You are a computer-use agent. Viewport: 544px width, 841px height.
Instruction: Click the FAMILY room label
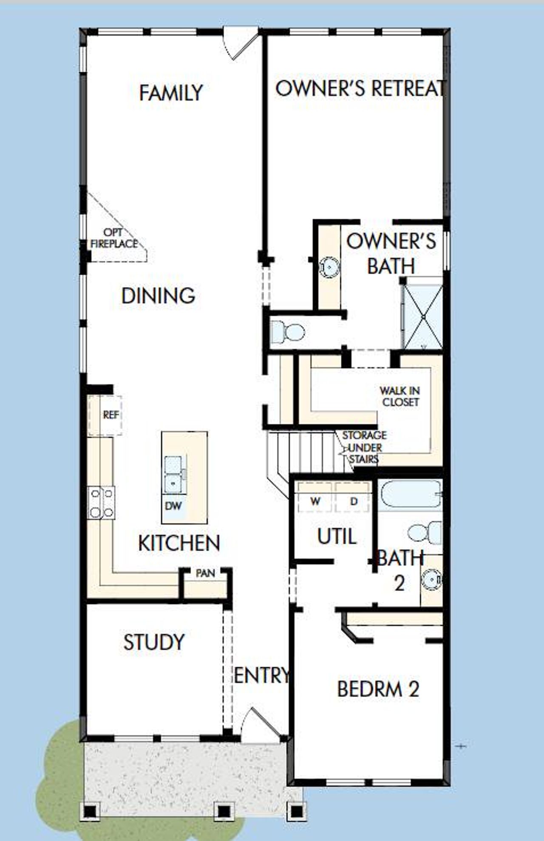(x=171, y=93)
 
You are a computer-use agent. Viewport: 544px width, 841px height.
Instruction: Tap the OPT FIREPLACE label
(x=114, y=238)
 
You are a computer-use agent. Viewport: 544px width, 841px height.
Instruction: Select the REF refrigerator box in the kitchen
(x=110, y=415)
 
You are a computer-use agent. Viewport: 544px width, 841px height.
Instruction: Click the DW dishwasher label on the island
(x=173, y=505)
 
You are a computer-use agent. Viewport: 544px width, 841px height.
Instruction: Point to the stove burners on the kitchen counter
(x=101, y=503)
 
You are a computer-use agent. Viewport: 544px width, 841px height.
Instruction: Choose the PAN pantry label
(x=205, y=573)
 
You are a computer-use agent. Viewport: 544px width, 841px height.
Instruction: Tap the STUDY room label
(x=154, y=642)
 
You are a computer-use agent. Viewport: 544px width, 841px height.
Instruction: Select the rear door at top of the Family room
(x=241, y=42)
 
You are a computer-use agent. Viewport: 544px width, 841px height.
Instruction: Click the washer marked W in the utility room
(x=315, y=501)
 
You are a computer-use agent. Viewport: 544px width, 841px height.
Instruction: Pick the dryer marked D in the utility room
(x=354, y=501)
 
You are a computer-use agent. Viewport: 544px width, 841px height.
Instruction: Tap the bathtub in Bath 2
(x=411, y=494)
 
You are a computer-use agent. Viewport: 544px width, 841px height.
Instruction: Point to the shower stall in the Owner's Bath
(x=422, y=317)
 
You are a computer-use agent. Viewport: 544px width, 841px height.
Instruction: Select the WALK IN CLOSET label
(x=400, y=396)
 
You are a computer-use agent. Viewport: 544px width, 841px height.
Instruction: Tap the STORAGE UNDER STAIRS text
(x=364, y=447)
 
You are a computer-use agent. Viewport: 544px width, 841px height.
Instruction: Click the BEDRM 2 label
(x=378, y=689)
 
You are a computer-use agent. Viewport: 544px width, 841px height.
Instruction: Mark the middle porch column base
(x=224, y=811)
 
